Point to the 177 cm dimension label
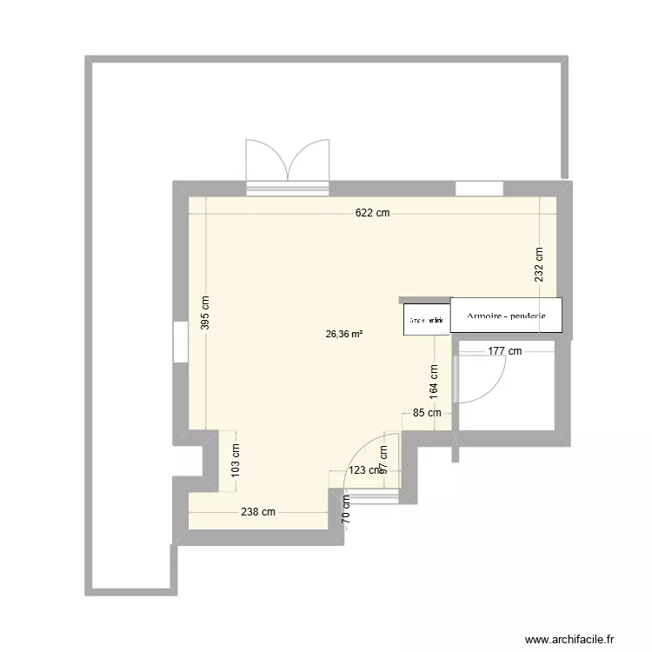coord(504,351)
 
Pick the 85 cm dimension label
coord(426,413)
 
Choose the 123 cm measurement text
coord(364,470)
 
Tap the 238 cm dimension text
coord(257,512)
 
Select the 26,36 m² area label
coord(344,332)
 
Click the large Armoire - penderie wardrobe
coord(506,316)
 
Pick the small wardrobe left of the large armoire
coord(426,320)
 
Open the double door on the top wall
coord(288,163)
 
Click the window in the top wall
coord(479,187)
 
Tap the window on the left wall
coord(180,342)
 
